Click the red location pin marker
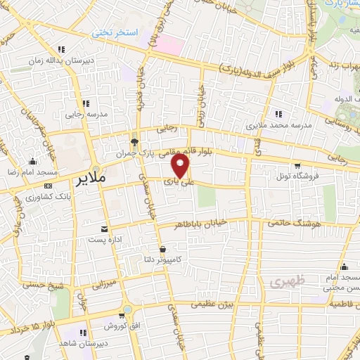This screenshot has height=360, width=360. pos(181,167)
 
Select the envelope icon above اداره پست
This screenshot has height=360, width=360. pos(104,229)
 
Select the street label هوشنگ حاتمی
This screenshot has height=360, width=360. pos(288,224)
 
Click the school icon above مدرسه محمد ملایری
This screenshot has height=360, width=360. pos(279,114)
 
